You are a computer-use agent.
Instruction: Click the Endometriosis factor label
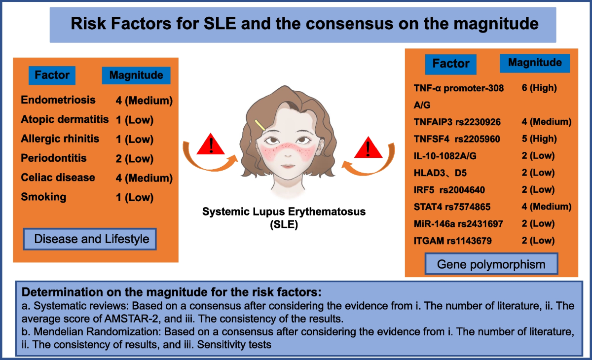click(x=58, y=100)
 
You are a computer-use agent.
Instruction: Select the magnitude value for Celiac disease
click(x=144, y=178)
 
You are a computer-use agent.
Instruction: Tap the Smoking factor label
click(x=43, y=197)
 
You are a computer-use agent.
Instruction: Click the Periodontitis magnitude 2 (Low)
click(x=135, y=158)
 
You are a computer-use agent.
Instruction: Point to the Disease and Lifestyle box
click(x=90, y=239)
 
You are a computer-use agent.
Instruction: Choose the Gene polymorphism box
click(x=491, y=264)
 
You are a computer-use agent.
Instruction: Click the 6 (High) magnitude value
click(x=539, y=88)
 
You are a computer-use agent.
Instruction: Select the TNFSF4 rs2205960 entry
click(x=457, y=139)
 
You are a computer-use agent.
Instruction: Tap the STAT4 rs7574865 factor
click(x=452, y=207)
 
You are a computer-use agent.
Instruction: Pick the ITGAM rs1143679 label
click(x=453, y=241)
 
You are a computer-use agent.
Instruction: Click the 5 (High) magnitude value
click(x=539, y=139)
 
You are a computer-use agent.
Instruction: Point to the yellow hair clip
click(x=260, y=125)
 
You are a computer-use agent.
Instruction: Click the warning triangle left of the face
click(x=211, y=144)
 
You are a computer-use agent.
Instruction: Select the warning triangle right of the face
click(x=368, y=148)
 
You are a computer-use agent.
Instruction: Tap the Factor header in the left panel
click(x=52, y=75)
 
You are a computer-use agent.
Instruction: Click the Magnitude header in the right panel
click(x=535, y=63)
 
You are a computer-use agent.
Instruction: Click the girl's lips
click(x=288, y=166)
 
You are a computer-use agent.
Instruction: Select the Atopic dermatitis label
click(x=65, y=119)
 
